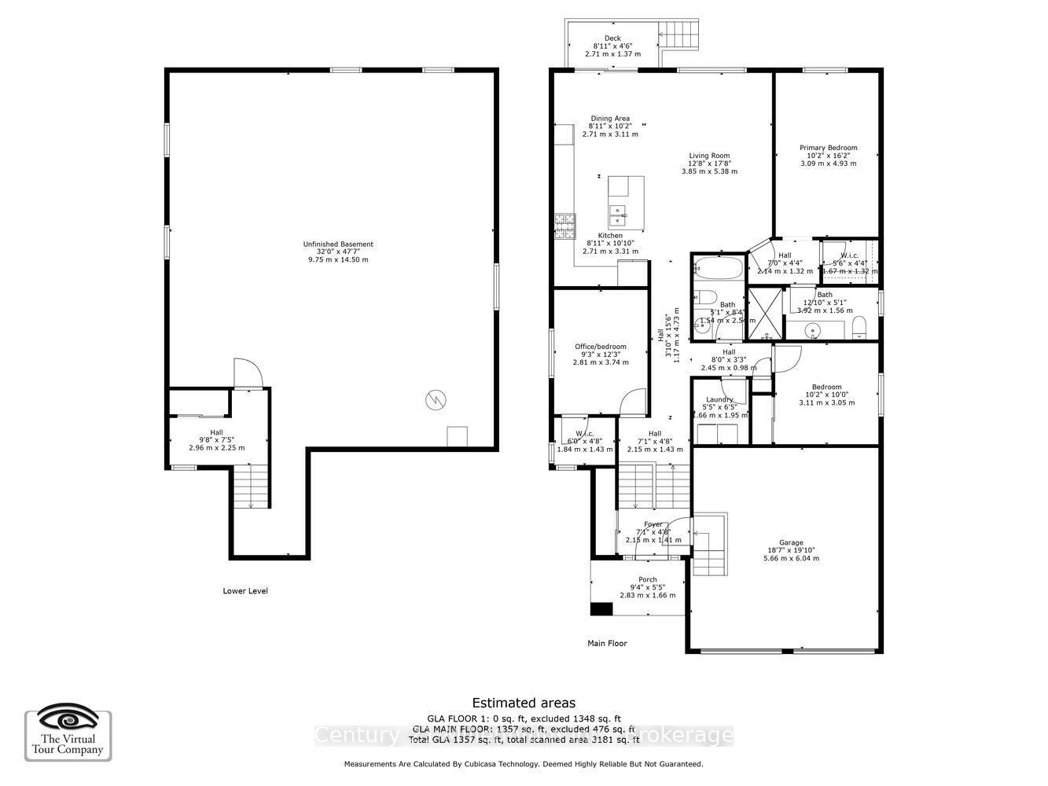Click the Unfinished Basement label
click(338, 244)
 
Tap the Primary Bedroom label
click(828, 148)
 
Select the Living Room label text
click(709, 156)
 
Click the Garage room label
click(791, 543)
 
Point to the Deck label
click(612, 39)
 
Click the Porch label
click(647, 580)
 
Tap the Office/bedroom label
click(601, 347)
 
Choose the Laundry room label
click(719, 400)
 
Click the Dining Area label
click(610, 119)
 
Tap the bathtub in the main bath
click(718, 268)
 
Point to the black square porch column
click(601, 609)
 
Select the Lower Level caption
click(245, 591)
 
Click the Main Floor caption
click(608, 643)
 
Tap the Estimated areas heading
click(524, 703)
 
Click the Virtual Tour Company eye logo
click(68, 719)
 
